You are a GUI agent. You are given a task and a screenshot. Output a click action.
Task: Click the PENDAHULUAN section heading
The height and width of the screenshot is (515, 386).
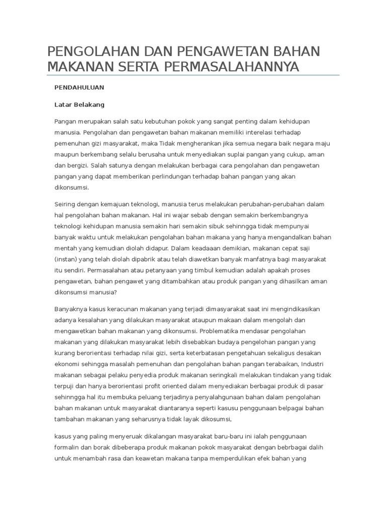point(79,87)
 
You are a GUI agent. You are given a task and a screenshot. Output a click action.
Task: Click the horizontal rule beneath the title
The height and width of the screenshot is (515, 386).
point(193,75)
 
